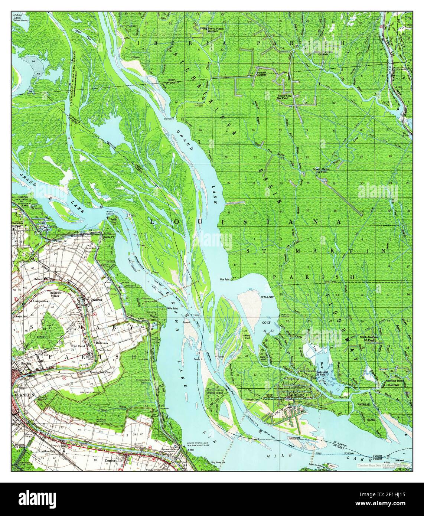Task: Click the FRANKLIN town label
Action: pos(25,395)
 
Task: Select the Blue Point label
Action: pos(225,280)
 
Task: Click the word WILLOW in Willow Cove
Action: pos(267,297)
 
